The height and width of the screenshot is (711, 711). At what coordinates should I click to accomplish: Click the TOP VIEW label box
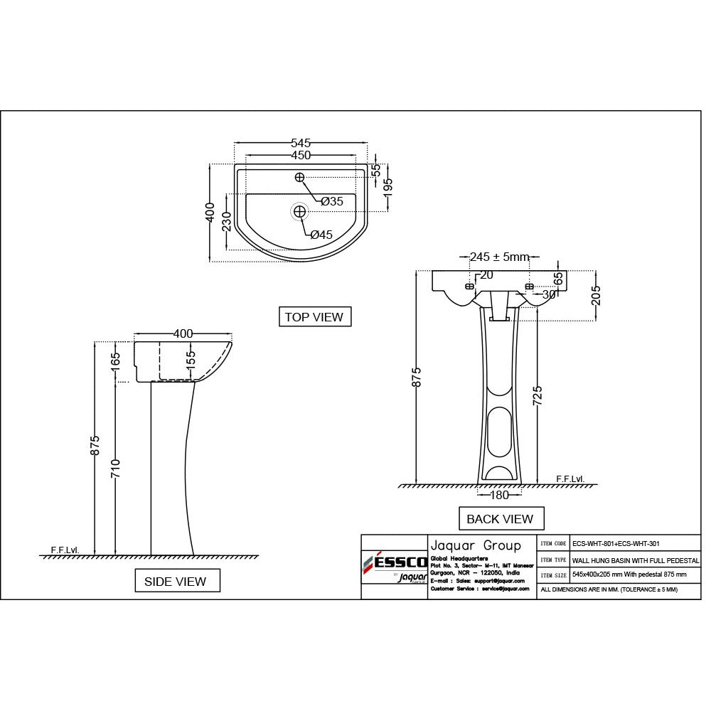pos(314,317)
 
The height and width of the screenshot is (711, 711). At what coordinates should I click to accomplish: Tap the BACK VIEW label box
pos(500,519)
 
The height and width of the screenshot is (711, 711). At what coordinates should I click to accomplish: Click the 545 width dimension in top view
pos(301,144)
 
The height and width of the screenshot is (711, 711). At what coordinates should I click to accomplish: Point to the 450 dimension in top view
pos(301,155)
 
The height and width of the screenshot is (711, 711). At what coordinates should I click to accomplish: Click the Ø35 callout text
pos(331,202)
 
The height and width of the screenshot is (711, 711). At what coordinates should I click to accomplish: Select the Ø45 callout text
pos(321,235)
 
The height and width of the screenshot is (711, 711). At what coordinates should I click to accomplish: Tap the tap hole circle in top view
pos(299,177)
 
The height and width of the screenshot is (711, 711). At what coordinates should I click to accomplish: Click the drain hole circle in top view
pos(299,210)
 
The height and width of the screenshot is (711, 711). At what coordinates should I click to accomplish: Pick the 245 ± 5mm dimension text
pos(500,257)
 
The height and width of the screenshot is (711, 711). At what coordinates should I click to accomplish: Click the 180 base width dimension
pos(500,495)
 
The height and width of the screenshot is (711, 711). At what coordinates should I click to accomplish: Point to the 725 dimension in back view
pos(538,395)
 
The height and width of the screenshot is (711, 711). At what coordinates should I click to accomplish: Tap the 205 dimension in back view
pos(596,294)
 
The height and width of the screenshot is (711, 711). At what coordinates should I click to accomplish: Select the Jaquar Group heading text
pos(476,545)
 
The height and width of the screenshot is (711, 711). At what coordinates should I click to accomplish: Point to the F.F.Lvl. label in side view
pos(65,550)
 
